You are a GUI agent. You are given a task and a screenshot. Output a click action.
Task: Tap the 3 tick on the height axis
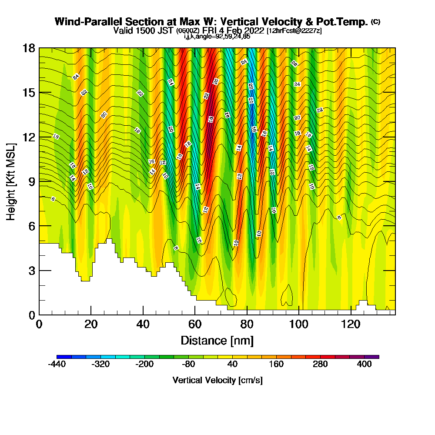coord(31,270)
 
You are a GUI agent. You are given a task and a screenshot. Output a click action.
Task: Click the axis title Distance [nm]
coord(217,340)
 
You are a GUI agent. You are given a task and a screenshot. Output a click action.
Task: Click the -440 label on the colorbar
coord(57,365)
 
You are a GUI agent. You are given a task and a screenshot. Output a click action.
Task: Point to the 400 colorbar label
coord(364,365)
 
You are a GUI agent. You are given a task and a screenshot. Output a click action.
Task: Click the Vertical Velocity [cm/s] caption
coord(217,380)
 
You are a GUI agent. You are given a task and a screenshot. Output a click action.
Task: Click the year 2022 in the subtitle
coord(254,30)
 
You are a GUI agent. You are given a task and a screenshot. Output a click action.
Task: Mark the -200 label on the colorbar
coord(144,365)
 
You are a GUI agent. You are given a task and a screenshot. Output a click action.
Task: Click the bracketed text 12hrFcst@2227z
coord(294,31)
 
